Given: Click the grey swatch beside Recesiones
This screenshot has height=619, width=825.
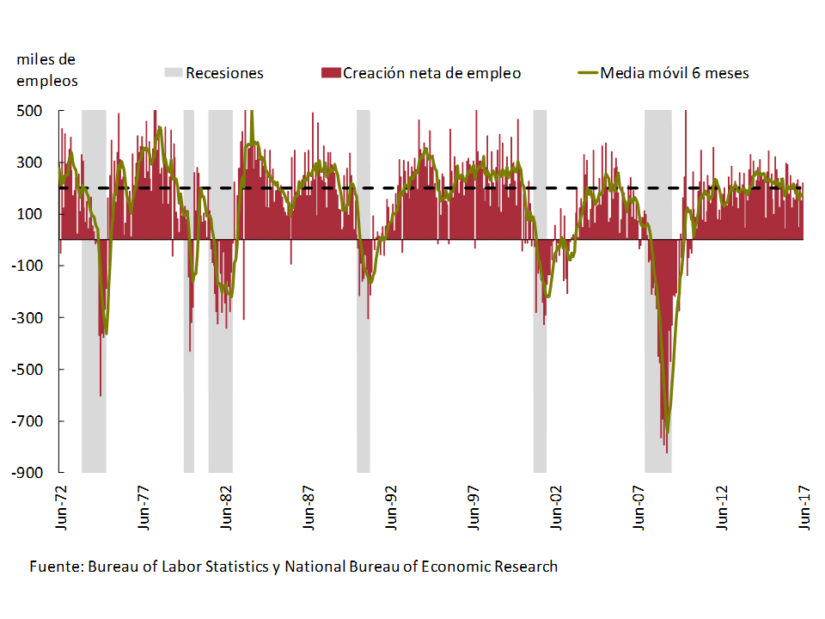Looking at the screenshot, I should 174,73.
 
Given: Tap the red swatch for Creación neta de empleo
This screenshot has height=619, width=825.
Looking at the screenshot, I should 330,73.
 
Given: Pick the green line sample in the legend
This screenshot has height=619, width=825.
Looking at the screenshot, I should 587,73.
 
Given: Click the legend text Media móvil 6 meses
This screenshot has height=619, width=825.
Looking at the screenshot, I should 675,73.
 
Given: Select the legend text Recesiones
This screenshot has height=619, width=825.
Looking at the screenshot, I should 224,73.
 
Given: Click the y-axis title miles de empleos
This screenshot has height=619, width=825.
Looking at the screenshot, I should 46,70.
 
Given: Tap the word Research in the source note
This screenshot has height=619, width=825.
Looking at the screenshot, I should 529,567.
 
